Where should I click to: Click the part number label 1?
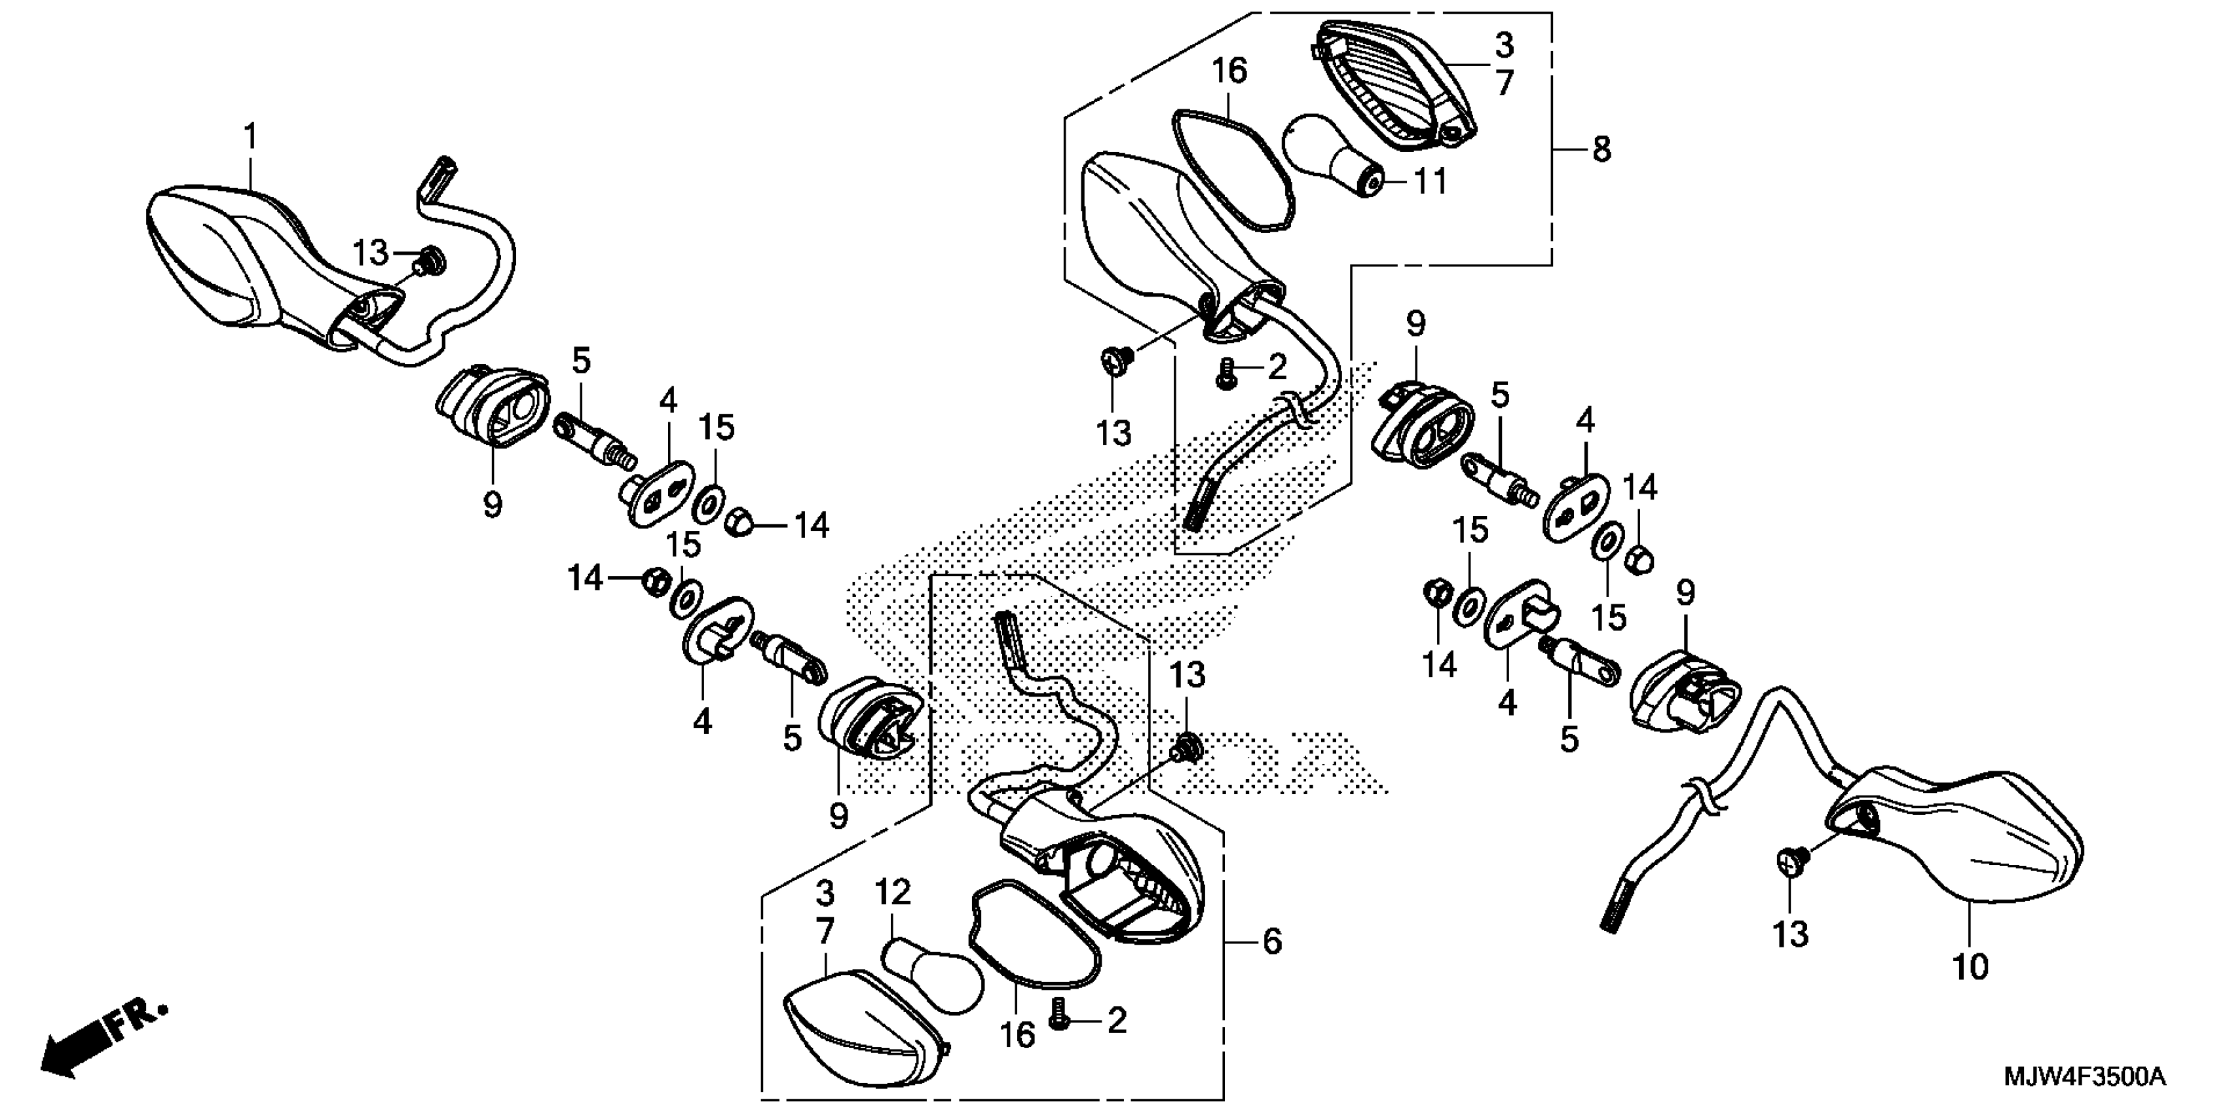251,137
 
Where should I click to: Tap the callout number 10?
1971,968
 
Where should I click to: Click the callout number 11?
1430,182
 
